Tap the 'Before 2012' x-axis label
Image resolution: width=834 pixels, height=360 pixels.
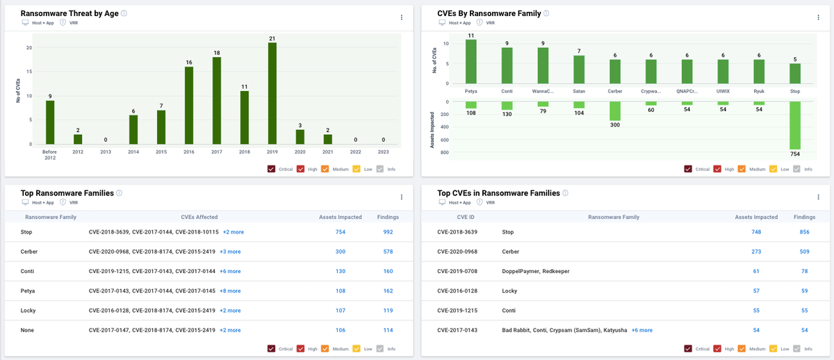click(x=50, y=154)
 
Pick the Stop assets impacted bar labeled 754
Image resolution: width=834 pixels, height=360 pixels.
click(x=794, y=126)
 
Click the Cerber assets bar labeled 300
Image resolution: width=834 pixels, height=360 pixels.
click(x=614, y=111)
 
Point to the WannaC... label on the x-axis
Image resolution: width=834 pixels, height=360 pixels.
click(x=543, y=91)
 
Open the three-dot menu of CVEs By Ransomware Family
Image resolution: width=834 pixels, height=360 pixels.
click(x=818, y=17)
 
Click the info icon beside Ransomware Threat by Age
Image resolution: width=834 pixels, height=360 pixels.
click(x=124, y=13)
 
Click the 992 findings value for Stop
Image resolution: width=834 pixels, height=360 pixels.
click(x=388, y=232)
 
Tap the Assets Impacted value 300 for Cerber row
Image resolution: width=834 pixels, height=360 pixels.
click(x=341, y=252)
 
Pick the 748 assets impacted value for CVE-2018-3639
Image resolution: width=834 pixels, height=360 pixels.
click(x=755, y=232)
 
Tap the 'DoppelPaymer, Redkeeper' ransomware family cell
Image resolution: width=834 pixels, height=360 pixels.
click(x=535, y=271)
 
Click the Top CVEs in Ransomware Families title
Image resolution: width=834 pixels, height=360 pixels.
click(x=498, y=193)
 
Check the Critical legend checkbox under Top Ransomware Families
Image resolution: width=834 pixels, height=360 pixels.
click(x=272, y=348)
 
